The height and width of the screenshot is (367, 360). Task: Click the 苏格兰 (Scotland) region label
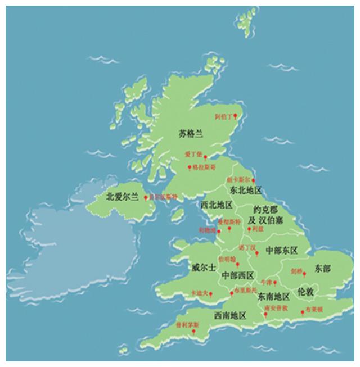click(190, 134)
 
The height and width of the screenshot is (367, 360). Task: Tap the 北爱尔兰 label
click(122, 197)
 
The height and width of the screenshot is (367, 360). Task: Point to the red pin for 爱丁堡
click(205, 157)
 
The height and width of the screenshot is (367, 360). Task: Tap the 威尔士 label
click(204, 267)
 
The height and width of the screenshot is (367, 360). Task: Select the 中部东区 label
click(280, 250)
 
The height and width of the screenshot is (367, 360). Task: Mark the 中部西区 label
click(237, 275)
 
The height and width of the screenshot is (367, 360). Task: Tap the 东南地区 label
click(273, 296)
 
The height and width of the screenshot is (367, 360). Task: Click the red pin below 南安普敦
click(266, 314)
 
